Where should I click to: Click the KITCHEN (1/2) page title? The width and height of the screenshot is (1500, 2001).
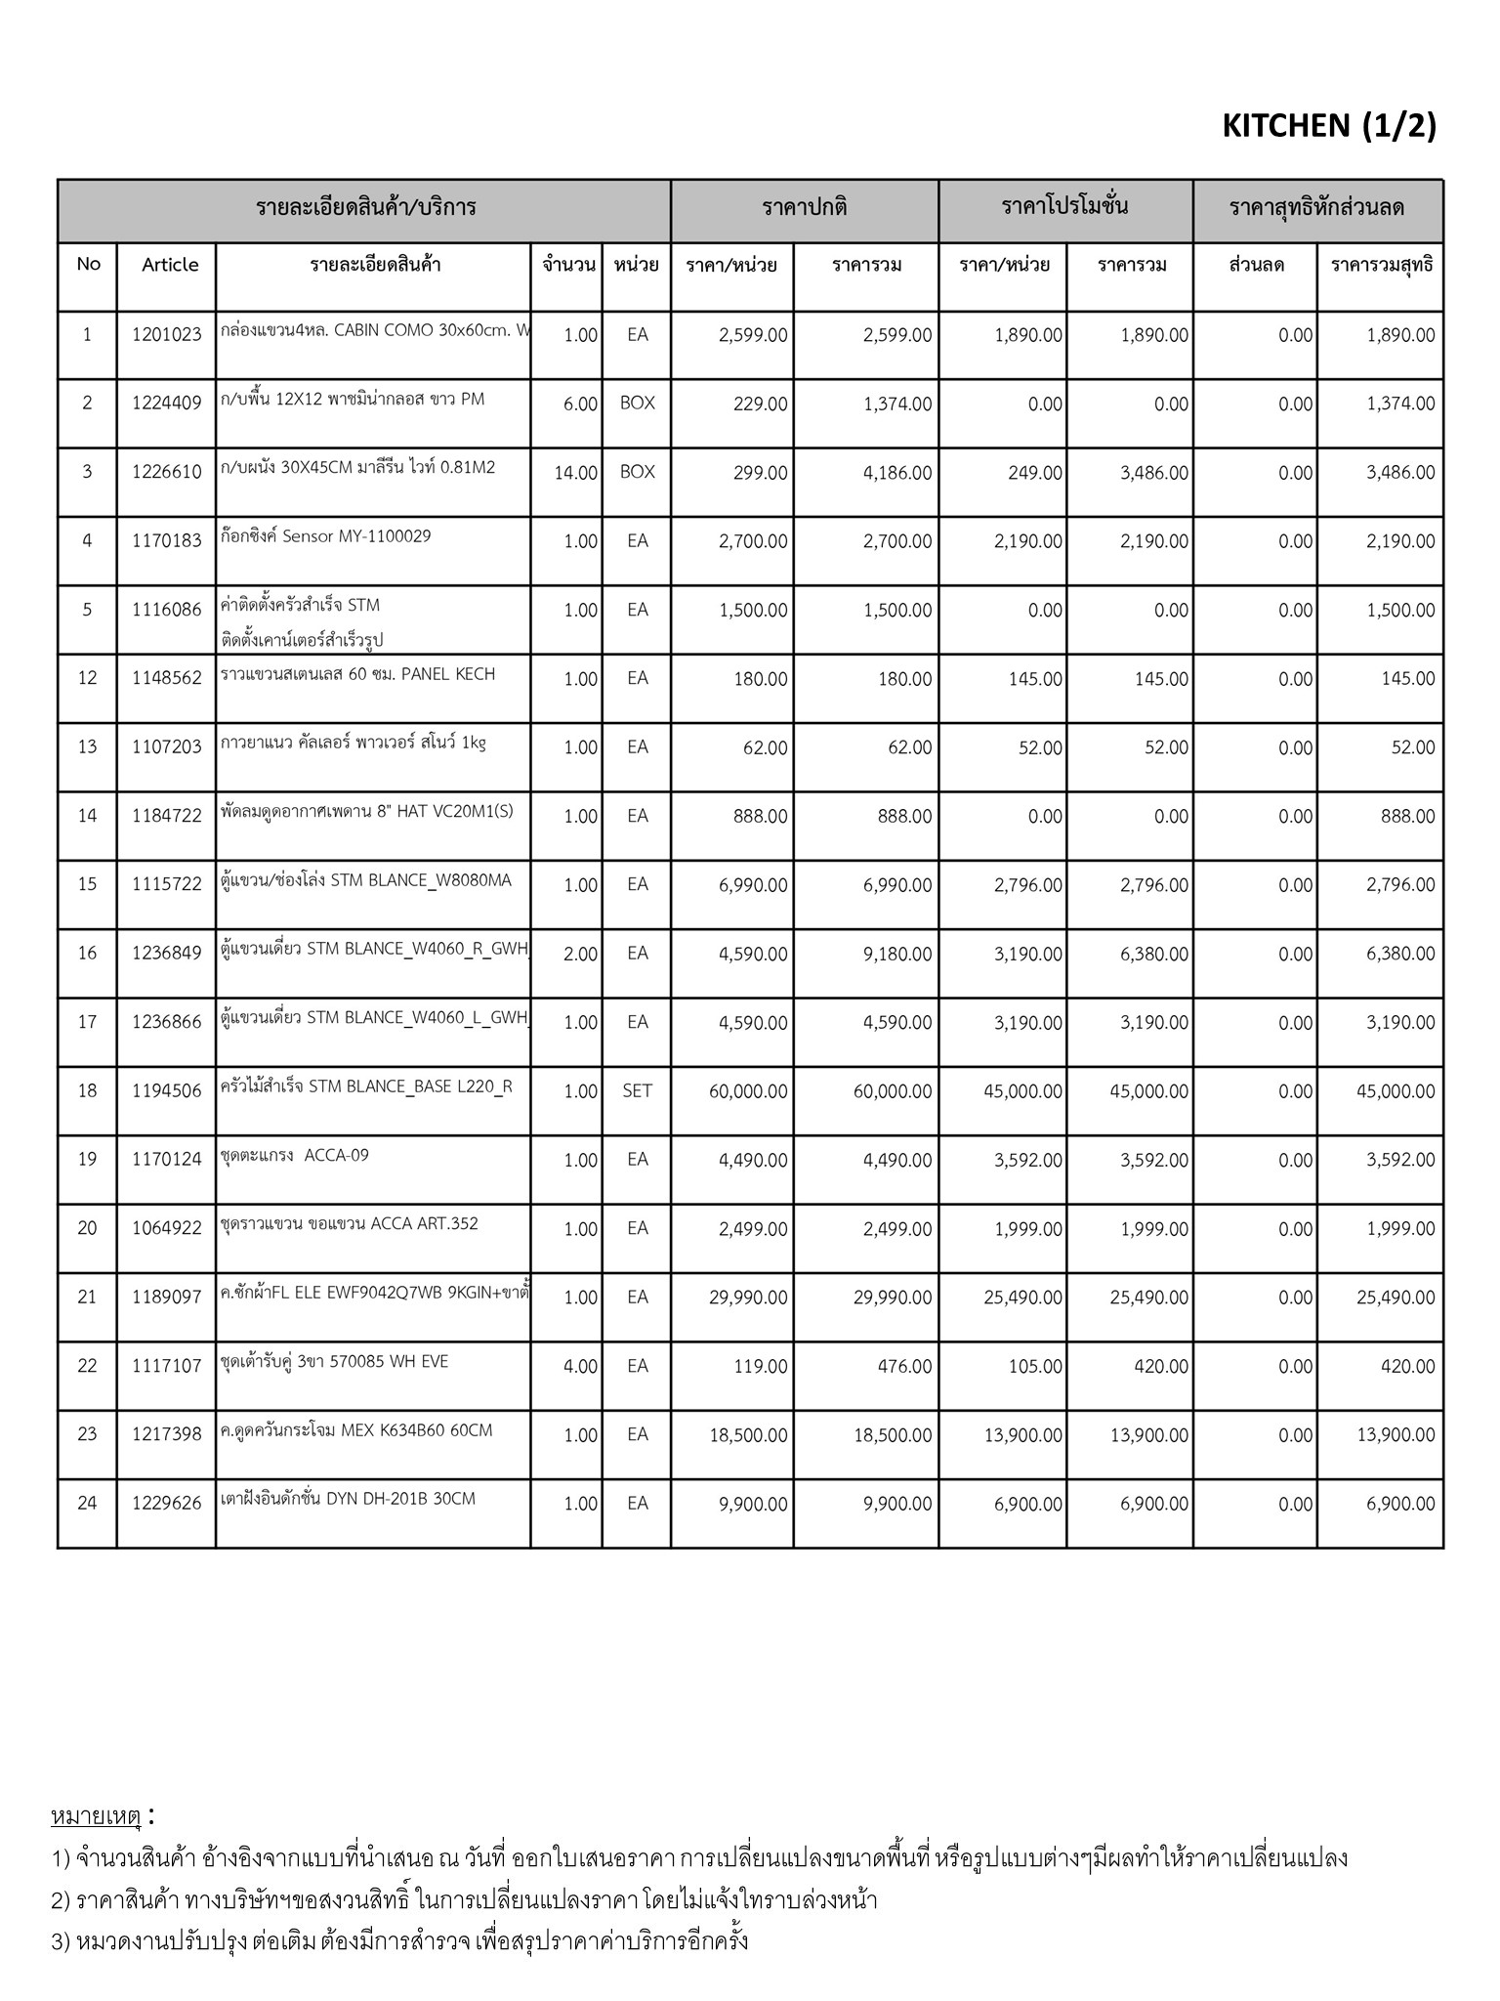1328,126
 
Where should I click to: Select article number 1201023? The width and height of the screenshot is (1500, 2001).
166,335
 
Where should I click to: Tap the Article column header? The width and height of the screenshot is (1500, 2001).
170,265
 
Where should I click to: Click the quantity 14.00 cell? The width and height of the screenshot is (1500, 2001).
575,473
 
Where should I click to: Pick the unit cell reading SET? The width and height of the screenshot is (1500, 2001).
637,1091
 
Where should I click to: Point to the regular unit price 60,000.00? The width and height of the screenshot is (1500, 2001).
748,1091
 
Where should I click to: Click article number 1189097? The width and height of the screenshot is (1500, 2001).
166,1298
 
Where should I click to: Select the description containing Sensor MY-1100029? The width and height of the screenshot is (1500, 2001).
326,536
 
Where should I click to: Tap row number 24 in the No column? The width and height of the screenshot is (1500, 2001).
87,1504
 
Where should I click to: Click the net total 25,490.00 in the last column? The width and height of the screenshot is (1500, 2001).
1396,1298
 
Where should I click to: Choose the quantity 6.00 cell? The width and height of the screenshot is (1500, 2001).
580,404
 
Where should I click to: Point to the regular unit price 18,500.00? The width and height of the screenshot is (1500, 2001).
748,1435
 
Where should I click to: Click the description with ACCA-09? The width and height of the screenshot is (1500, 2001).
296,1156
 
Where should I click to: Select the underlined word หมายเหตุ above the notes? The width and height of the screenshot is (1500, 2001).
96,1816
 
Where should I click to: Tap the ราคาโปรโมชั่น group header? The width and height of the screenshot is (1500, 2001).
1064,207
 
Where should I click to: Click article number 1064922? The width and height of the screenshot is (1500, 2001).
166,1229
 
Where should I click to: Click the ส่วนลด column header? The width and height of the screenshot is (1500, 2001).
1256,265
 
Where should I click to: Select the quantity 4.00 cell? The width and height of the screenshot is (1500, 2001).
580,1367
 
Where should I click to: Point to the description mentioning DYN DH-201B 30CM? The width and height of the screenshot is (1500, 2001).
349,1499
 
